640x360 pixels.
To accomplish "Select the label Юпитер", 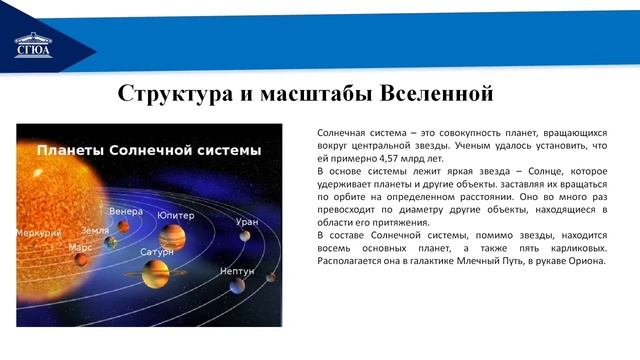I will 175,215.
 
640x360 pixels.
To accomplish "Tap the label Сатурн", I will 157,252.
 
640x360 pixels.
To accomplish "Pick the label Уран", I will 247,221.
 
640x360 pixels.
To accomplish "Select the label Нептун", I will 237,270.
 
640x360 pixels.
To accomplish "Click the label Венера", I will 126,211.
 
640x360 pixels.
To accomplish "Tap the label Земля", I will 96,229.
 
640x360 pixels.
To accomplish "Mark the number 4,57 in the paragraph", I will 388,158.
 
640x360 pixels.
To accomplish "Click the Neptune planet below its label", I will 237,287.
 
